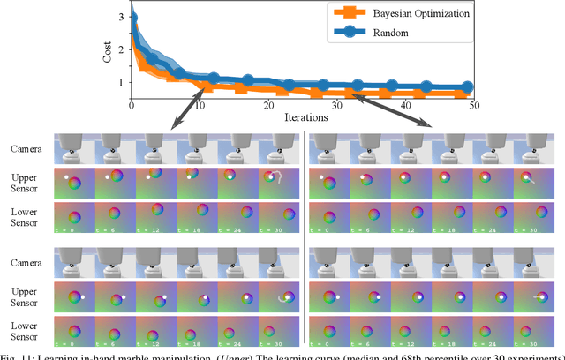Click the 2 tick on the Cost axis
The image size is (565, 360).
pyautogui.click(x=122, y=49)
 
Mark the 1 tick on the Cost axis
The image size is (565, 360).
pyautogui.click(x=122, y=82)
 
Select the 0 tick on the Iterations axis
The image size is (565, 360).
pyautogui.click(x=132, y=105)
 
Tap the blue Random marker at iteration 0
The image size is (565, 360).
pyautogui.click(x=132, y=18)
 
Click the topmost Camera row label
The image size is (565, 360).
pyautogui.click(x=26, y=150)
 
